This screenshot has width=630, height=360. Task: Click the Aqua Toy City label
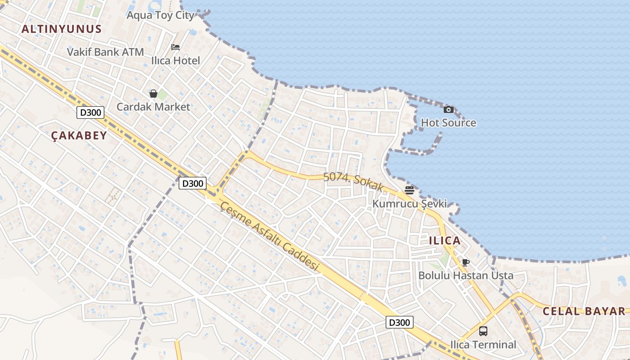click(x=160, y=15)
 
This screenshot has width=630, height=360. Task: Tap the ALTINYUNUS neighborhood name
click(x=62, y=29)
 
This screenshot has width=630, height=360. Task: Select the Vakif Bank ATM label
click(x=105, y=52)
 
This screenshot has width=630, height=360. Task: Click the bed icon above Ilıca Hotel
click(x=175, y=47)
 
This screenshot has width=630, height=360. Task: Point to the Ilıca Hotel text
click(x=175, y=60)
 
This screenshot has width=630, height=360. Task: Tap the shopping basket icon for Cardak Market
click(x=153, y=94)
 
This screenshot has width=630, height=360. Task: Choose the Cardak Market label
click(x=153, y=107)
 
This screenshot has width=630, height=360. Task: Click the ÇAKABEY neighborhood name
click(x=79, y=135)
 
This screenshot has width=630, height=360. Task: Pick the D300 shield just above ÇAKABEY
click(x=90, y=112)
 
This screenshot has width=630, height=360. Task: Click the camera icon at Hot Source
click(x=448, y=109)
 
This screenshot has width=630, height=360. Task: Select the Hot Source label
click(x=448, y=123)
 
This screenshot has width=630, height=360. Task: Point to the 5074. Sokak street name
click(x=353, y=181)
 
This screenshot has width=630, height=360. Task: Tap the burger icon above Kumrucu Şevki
click(x=409, y=190)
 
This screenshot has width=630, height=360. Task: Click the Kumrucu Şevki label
click(x=409, y=204)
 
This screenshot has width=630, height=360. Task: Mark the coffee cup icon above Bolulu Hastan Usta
click(x=466, y=262)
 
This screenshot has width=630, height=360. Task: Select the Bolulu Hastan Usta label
click(x=466, y=275)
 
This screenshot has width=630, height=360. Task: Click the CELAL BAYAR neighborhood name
click(x=584, y=311)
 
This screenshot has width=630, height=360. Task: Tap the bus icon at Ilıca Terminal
click(x=483, y=331)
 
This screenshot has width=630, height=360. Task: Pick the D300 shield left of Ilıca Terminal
click(x=400, y=322)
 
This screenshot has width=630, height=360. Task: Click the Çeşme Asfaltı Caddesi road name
click(x=269, y=236)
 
